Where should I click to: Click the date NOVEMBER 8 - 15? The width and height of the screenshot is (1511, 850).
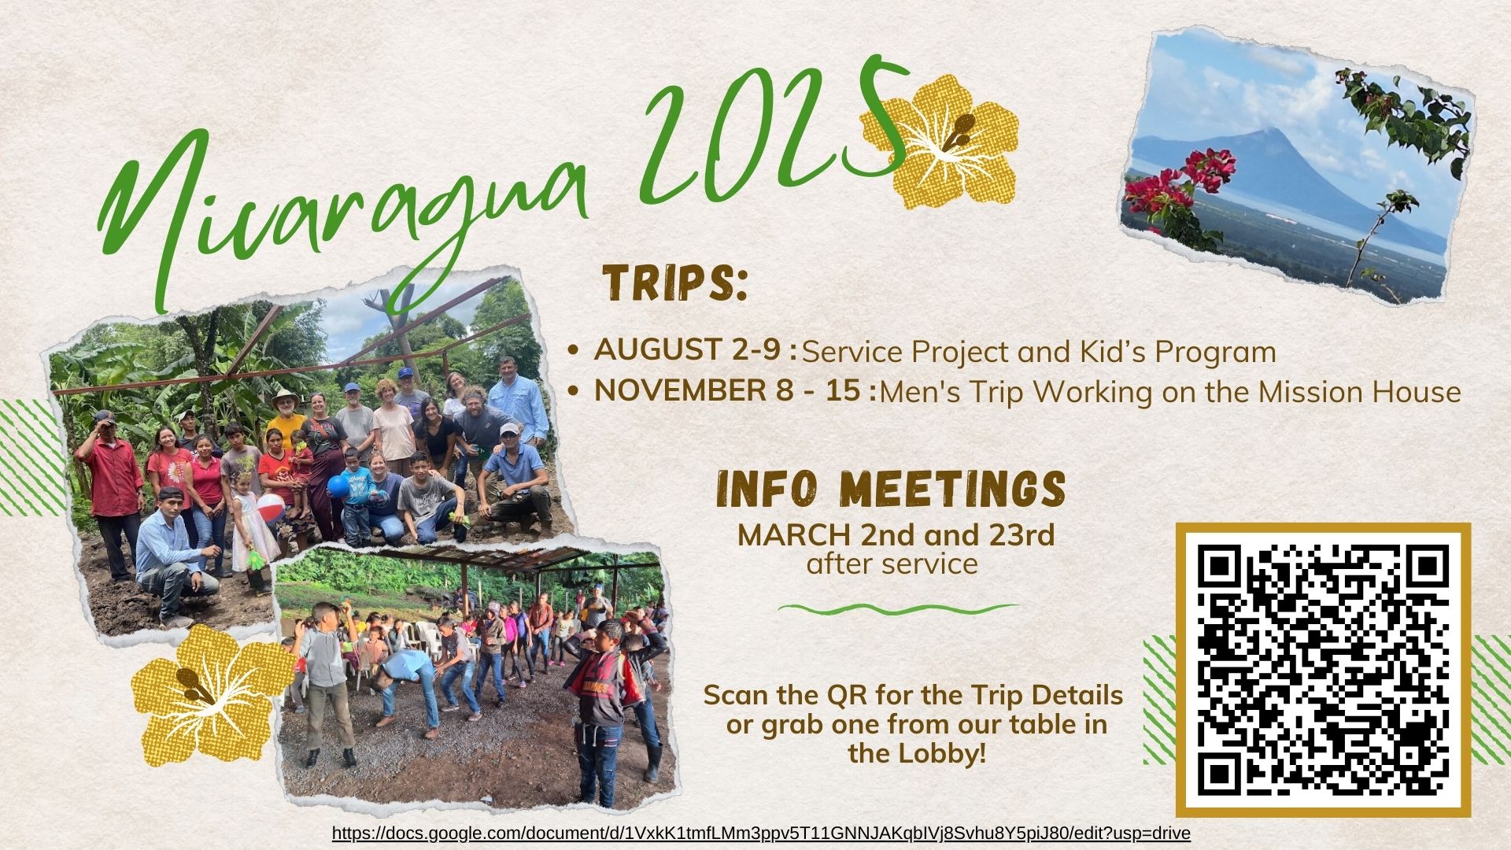pos(735,391)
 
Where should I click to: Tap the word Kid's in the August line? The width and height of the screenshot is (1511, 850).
pos(1111,352)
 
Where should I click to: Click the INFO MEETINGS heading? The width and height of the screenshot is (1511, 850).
pos(891,490)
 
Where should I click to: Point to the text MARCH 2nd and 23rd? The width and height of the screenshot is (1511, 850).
pos(896,535)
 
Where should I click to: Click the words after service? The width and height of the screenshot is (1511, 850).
pos(892,564)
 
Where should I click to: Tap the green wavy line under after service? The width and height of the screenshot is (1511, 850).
pos(898,608)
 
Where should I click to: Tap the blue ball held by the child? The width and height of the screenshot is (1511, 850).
pos(338,487)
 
